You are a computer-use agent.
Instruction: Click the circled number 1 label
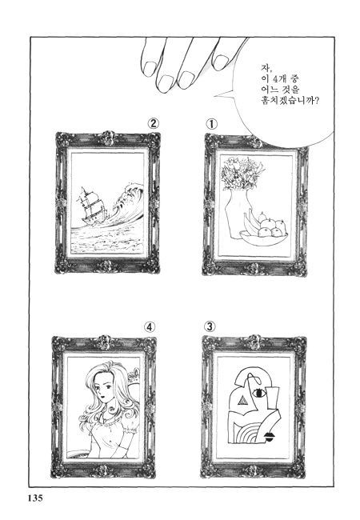click(x=211, y=125)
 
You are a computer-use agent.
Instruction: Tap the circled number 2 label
click(x=153, y=124)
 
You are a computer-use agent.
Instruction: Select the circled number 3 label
click(x=209, y=326)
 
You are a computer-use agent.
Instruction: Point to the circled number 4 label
click(x=149, y=327)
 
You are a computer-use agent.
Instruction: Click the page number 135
click(x=34, y=498)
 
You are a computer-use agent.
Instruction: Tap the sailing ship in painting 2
click(x=91, y=206)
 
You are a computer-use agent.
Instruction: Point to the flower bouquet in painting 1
click(x=242, y=174)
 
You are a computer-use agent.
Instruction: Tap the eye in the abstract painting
click(x=259, y=394)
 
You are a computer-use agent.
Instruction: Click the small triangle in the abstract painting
click(x=243, y=402)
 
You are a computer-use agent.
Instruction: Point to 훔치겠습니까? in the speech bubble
click(x=290, y=100)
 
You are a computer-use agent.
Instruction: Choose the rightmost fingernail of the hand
click(x=221, y=62)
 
